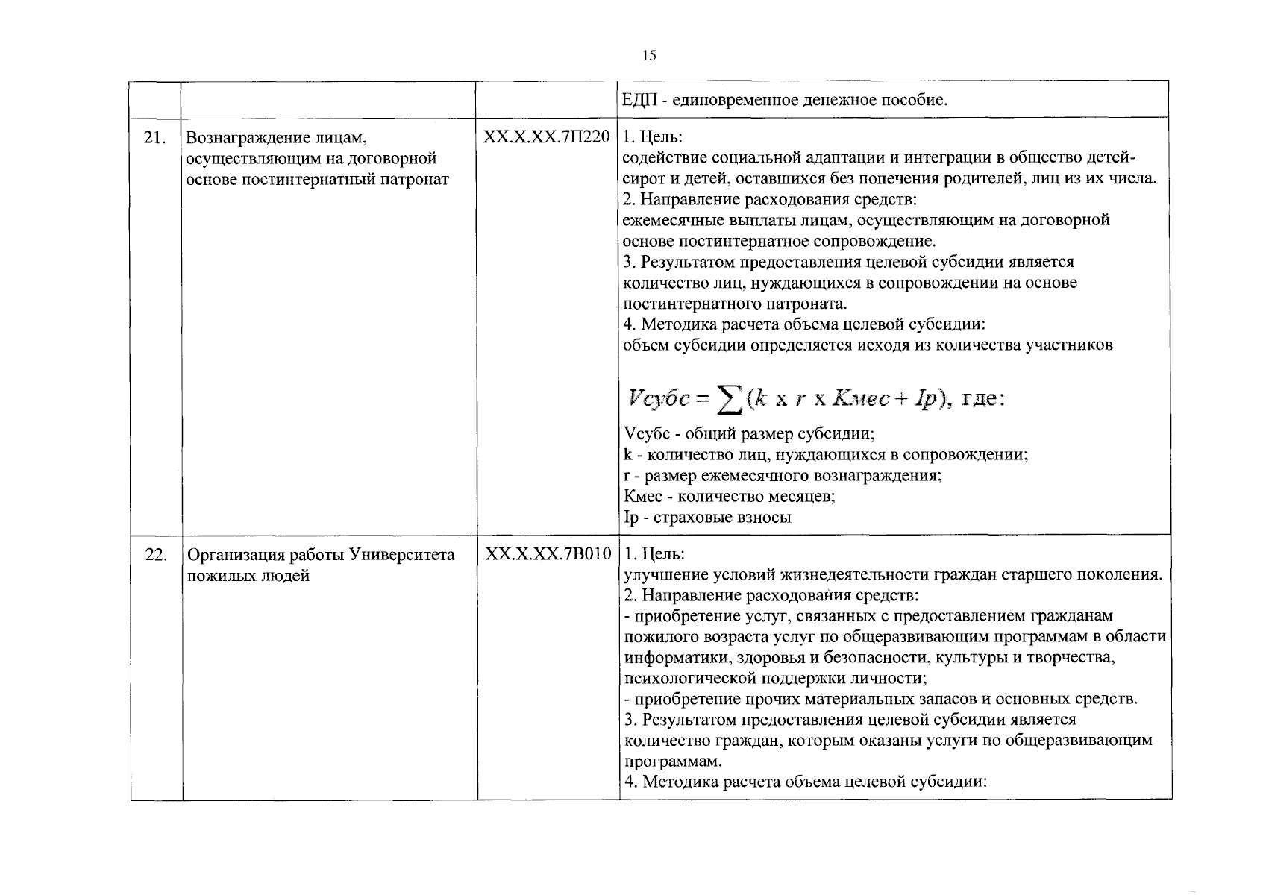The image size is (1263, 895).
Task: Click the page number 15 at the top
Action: point(648,55)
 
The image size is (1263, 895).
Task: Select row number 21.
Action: point(154,137)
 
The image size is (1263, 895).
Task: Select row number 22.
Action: point(155,555)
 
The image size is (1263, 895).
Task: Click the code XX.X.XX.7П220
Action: point(547,137)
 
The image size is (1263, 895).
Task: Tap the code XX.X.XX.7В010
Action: point(548,555)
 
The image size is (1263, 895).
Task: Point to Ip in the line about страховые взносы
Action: point(630,517)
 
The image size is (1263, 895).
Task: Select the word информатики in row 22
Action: point(677,658)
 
